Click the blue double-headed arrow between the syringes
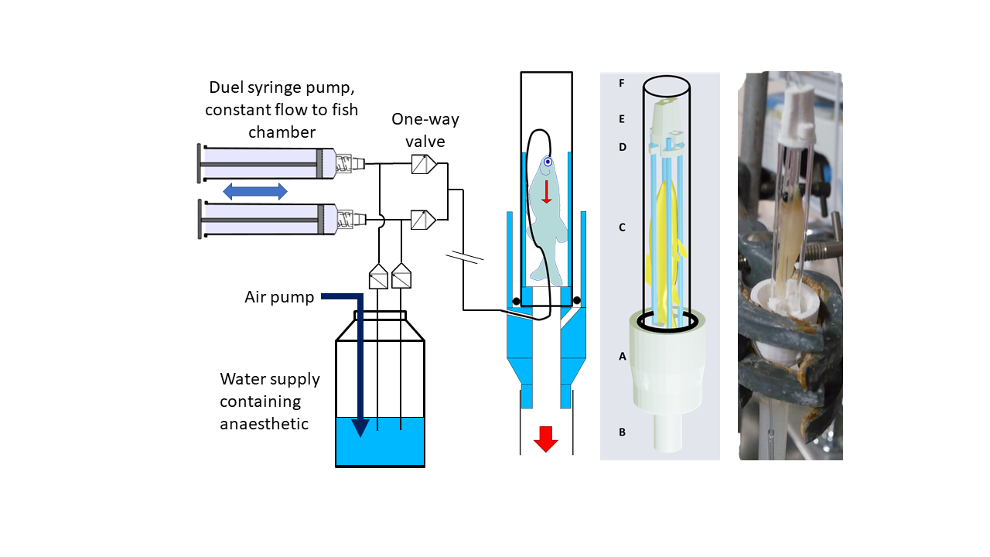pos(255,191)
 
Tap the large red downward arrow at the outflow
pos(546,439)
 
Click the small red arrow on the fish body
pos(547,191)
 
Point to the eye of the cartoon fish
pos(548,162)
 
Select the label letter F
pos(621,83)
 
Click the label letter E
pos(621,119)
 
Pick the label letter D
pos(623,147)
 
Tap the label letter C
pos(622,227)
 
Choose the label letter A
pos(623,356)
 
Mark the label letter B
pos(622,432)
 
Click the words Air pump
pos(279,298)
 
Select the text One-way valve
pos(425,130)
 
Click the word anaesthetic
pos(264,423)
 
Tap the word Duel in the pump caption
pos(226,87)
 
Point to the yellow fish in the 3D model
pos(663,252)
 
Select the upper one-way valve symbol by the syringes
pos(424,164)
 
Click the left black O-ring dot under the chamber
pos(516,302)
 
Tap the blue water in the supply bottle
pos(380,442)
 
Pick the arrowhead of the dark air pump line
pos(360,428)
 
